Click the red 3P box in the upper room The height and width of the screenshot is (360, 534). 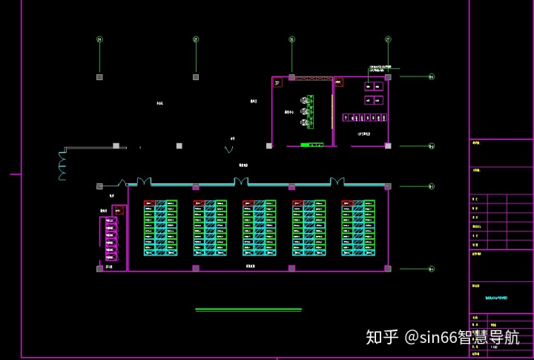pos(277,84)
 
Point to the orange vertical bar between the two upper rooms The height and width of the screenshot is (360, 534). pos(331,111)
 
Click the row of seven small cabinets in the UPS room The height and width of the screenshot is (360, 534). pos(363,117)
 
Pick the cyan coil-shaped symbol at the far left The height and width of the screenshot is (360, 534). pos(62,166)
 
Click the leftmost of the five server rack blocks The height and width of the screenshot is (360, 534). pos(160,228)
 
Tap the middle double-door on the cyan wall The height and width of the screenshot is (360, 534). pos(242,183)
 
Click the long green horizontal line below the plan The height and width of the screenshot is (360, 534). pos(248,309)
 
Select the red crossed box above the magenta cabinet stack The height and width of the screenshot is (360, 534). pos(116,211)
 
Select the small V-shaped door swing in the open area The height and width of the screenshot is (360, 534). pos(228,149)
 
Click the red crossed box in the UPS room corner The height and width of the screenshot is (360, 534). pos(337,82)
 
